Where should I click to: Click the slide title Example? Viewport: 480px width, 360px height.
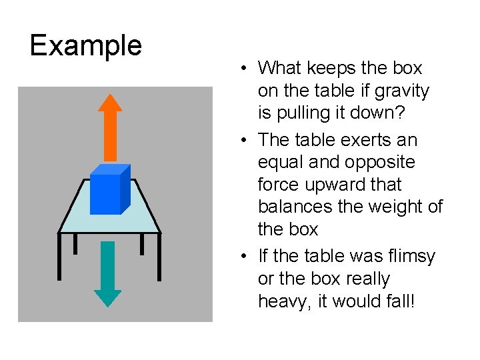point(86,45)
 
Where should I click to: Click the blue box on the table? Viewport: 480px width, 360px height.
point(109,189)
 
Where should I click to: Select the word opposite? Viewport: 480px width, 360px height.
point(384,162)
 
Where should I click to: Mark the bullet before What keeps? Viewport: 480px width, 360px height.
point(246,68)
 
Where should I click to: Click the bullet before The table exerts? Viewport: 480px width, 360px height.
point(246,140)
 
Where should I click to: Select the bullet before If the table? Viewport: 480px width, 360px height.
point(246,256)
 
